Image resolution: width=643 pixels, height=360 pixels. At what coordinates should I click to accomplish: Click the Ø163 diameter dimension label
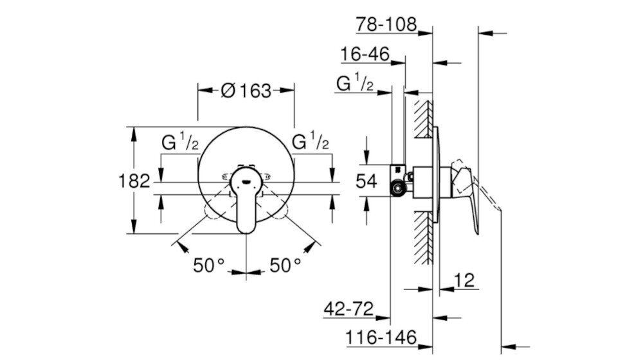pyautogui.click(x=246, y=91)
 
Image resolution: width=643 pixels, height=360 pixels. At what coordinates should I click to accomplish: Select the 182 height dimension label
pyautogui.click(x=134, y=181)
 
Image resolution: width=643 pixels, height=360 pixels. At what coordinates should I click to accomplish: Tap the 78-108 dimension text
pyautogui.click(x=386, y=24)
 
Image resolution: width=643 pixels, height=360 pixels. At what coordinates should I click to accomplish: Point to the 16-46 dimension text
pyautogui.click(x=365, y=54)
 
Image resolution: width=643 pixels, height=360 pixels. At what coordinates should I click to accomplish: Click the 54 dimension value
pyautogui.click(x=367, y=181)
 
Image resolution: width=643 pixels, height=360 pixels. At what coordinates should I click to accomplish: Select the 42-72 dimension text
pyautogui.click(x=349, y=309)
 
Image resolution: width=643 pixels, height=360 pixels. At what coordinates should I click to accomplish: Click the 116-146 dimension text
pyautogui.click(x=381, y=338)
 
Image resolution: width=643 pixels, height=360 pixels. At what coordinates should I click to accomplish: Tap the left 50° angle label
pyautogui.click(x=209, y=265)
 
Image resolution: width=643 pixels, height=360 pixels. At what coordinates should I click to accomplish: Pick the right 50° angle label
pyautogui.click(x=285, y=265)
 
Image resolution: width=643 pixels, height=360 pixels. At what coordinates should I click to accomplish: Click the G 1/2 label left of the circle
pyautogui.click(x=180, y=142)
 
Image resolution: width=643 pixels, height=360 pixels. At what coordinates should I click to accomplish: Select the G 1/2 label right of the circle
pyautogui.click(x=311, y=142)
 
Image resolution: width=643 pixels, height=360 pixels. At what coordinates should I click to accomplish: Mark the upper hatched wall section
pyautogui.click(x=423, y=119)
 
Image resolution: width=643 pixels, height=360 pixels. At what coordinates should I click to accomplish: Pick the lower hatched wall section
pyautogui.click(x=423, y=238)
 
